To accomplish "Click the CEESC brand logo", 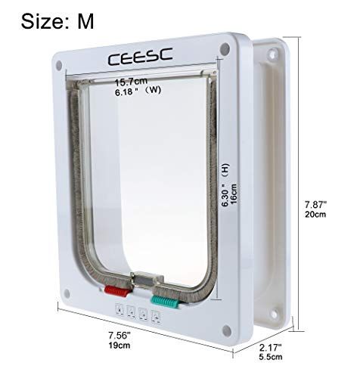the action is pos(140,57).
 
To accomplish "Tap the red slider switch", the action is pos(117,291).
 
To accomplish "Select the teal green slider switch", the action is pos(165,302).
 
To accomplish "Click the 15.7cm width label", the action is pos(131,82).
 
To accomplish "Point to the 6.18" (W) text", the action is pos(138,91).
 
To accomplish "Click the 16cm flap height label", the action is pos(233,194).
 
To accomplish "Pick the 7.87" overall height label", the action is pos(315,204).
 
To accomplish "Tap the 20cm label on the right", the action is pos(315,214).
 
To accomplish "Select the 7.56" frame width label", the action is pos(119,336).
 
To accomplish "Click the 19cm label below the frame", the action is pos(119,345).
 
